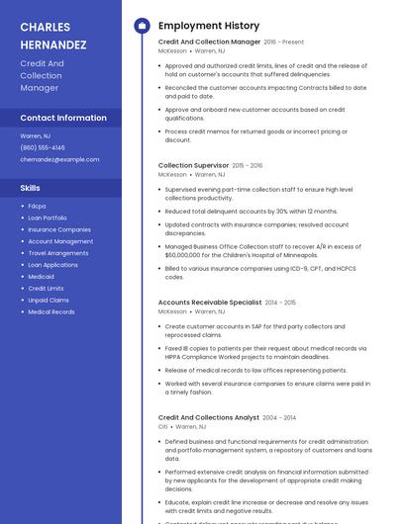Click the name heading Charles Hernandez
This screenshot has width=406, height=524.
(x=53, y=35)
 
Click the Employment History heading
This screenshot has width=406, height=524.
(x=208, y=26)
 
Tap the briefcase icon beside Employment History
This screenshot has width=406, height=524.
(x=141, y=26)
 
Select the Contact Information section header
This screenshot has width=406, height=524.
(x=63, y=118)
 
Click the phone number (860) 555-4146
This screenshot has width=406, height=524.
(x=43, y=147)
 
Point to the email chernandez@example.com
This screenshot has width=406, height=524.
(x=59, y=159)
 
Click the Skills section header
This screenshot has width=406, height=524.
(x=31, y=187)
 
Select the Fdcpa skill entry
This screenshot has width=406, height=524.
(x=37, y=206)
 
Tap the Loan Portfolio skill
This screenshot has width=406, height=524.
(x=48, y=218)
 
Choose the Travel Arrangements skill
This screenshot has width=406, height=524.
(x=58, y=253)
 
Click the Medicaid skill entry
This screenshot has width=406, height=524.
(x=41, y=277)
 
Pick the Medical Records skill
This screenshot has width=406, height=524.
(x=51, y=311)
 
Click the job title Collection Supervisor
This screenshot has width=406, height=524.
(x=194, y=165)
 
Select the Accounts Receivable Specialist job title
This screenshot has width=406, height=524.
(x=210, y=302)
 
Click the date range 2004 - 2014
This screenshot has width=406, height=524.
(x=279, y=418)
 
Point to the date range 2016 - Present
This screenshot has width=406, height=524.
(x=284, y=43)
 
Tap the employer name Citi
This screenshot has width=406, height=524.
(x=163, y=427)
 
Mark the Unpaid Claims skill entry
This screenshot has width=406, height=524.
(x=49, y=300)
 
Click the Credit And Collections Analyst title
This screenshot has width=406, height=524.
(x=208, y=417)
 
